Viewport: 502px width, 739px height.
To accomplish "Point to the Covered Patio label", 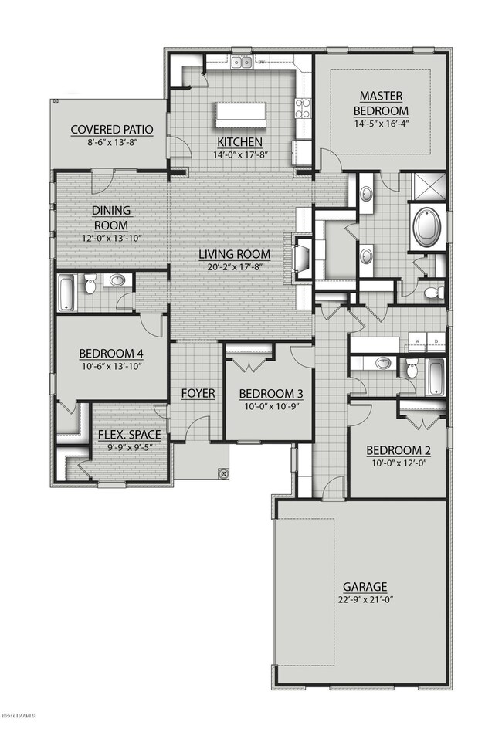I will pyautogui.click(x=111, y=130).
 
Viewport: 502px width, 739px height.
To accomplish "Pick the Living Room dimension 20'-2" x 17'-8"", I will pyautogui.click(x=234, y=266).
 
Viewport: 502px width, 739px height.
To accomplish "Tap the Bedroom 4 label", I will pyautogui.click(x=111, y=354).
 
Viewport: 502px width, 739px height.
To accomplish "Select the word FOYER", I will pyautogui.click(x=198, y=393).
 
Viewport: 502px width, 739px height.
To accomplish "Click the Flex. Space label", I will pyautogui.click(x=130, y=435).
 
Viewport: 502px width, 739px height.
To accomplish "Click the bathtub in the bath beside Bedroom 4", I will pyautogui.click(x=66, y=292).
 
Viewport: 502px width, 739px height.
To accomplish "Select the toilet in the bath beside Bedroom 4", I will pyautogui.click(x=90, y=286).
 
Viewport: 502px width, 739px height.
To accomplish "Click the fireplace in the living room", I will pyautogui.click(x=303, y=257).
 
